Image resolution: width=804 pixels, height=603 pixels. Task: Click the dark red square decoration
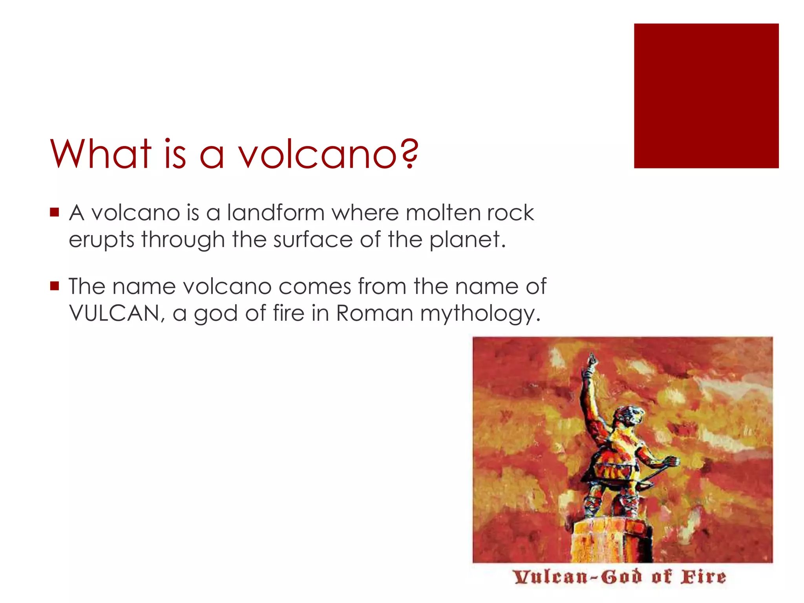point(706,96)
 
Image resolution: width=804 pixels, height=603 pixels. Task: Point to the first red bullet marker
point(55,212)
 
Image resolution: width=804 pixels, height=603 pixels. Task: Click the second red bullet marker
point(55,286)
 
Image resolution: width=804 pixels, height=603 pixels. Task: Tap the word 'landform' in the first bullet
point(276,213)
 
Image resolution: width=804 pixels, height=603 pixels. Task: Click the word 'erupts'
point(102,239)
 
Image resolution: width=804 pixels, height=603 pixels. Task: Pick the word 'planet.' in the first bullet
point(467,239)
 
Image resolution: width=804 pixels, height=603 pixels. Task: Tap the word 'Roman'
point(375,313)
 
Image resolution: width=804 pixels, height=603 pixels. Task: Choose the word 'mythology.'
point(480,314)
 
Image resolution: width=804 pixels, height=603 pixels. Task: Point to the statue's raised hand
point(591,359)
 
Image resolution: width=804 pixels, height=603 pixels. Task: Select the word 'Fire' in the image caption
point(703,577)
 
